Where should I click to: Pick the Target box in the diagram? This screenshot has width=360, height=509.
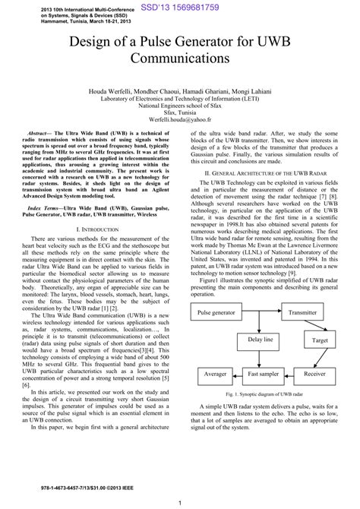pos(321,341)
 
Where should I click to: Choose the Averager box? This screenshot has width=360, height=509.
pos(211,375)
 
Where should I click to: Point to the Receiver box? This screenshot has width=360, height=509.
pos(314,375)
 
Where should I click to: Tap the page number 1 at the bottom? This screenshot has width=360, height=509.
pos(179,502)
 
